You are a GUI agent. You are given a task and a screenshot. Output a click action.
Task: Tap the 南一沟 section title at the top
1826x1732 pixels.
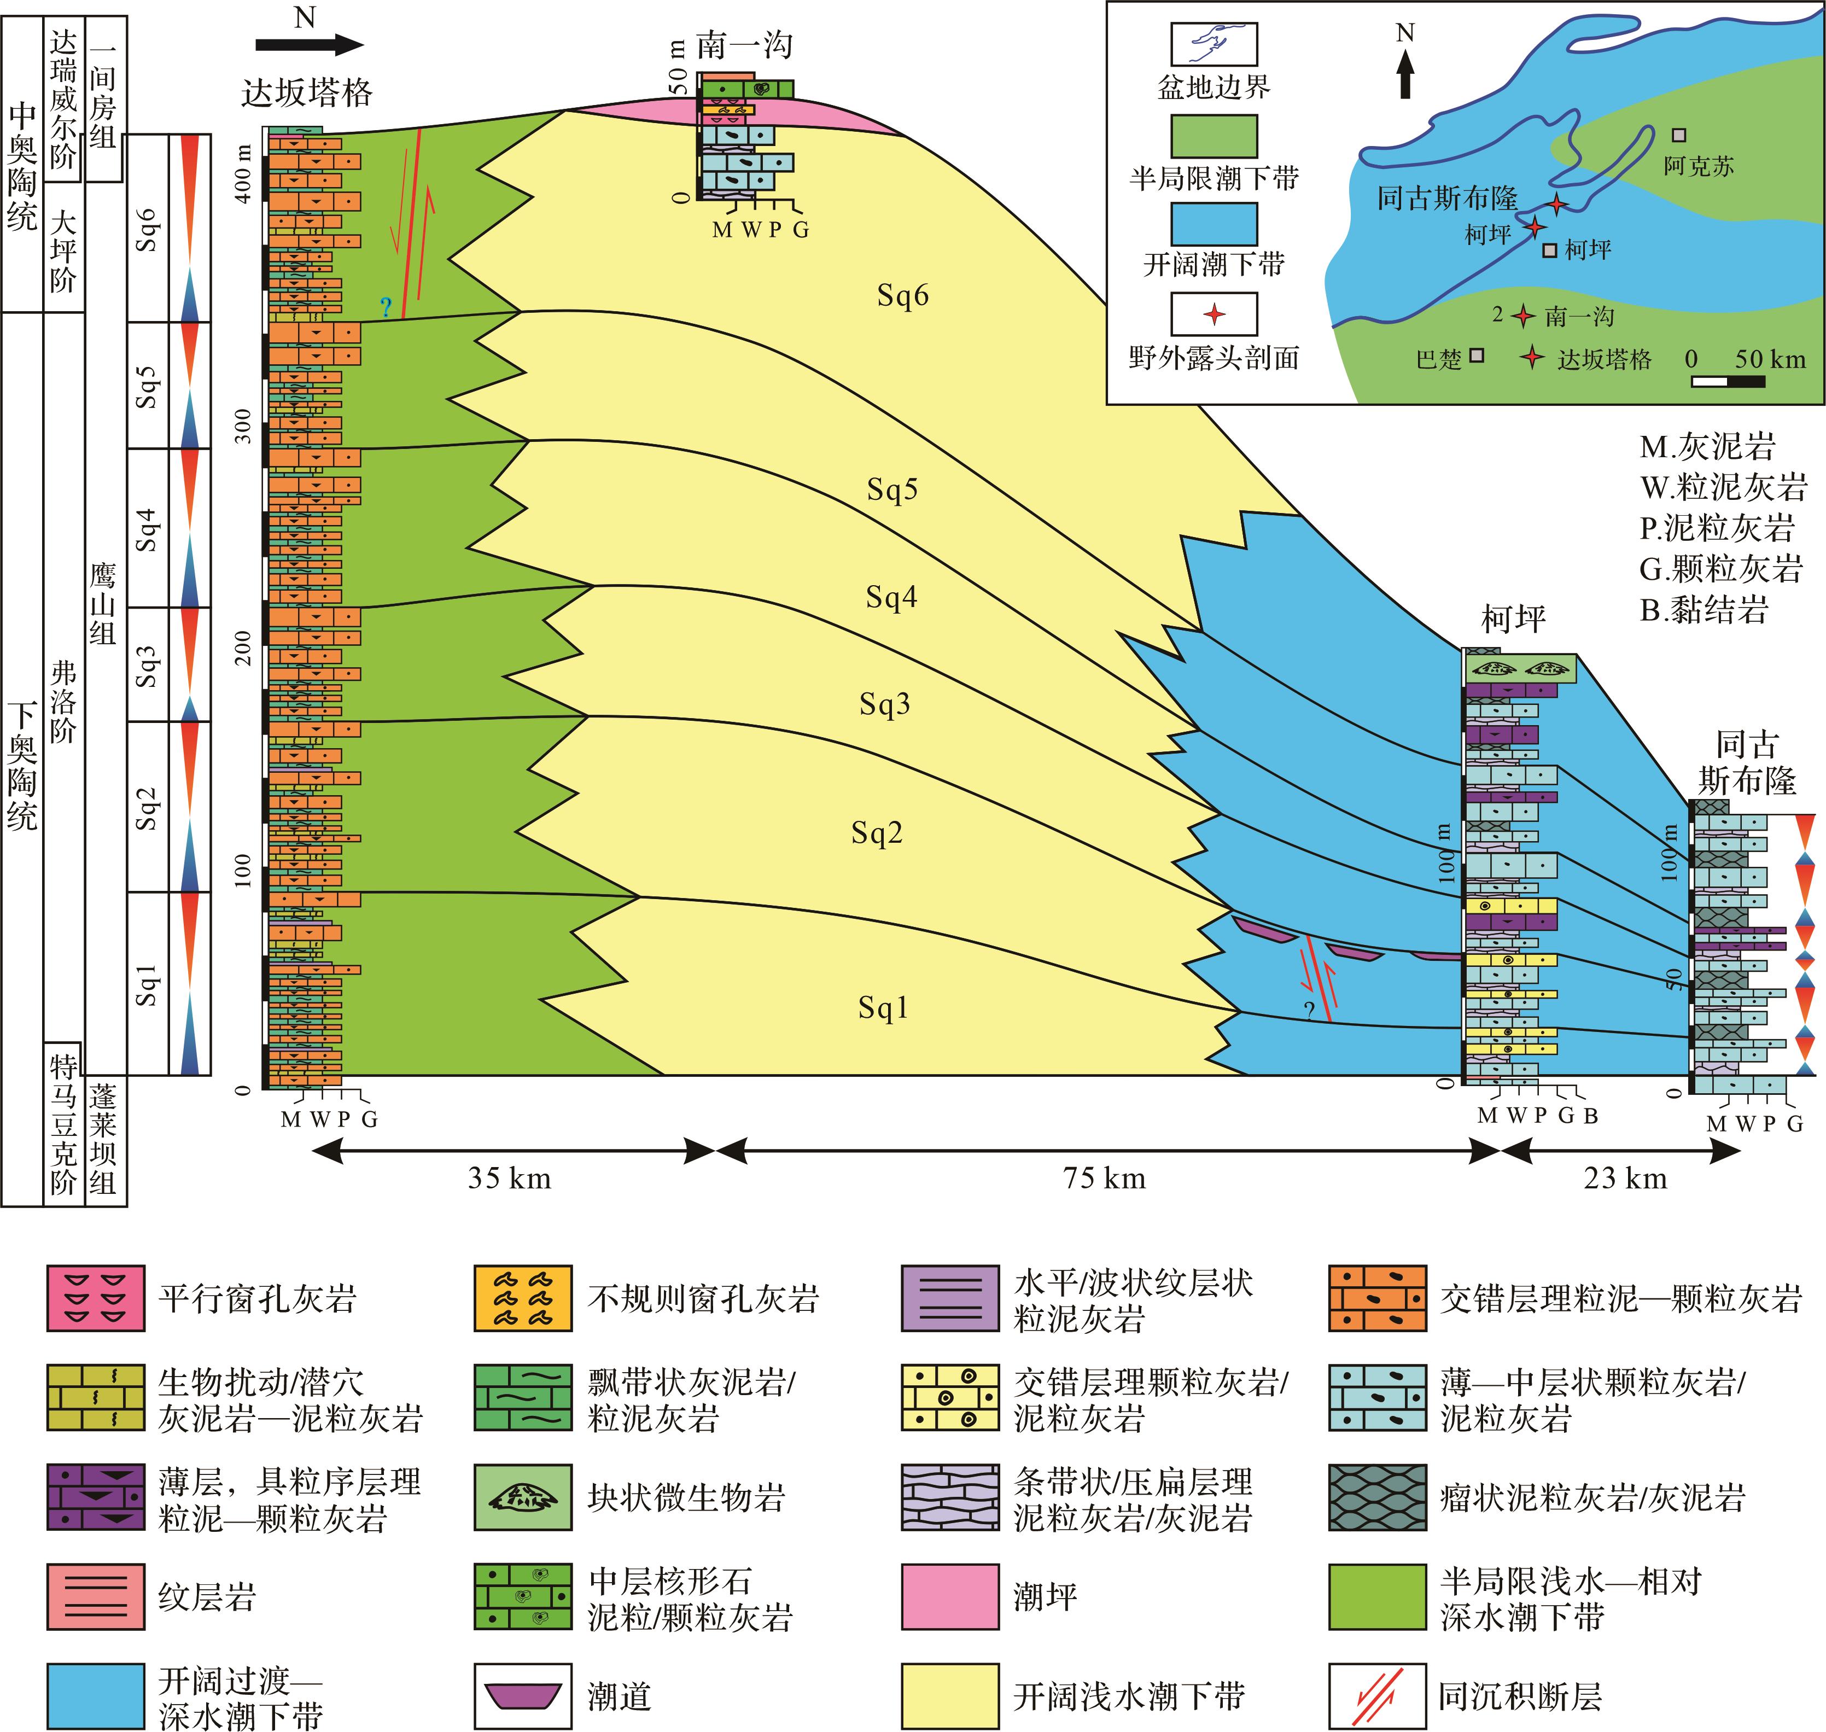tap(744, 44)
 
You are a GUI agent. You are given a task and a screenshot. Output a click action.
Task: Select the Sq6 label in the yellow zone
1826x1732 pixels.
tap(902, 295)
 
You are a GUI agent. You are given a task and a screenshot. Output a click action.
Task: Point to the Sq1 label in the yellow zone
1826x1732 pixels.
tap(883, 1007)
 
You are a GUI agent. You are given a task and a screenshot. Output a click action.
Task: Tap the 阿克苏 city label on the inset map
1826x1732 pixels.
tap(1699, 166)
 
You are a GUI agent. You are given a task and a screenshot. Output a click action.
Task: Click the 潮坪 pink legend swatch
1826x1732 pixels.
tap(950, 1596)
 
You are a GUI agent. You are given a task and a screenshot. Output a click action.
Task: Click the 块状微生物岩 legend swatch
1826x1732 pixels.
tap(522, 1497)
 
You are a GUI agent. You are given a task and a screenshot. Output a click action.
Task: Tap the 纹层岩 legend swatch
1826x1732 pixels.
tap(96, 1596)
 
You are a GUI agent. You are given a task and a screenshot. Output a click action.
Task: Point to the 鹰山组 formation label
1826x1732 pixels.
tap(103, 605)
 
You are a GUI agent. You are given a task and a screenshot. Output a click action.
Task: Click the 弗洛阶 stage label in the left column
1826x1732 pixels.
tap(63, 702)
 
